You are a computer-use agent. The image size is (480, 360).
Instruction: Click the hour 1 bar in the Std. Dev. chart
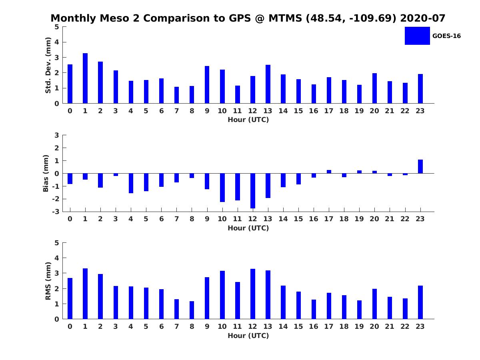[85, 78]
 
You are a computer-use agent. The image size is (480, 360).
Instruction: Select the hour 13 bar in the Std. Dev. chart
[268, 84]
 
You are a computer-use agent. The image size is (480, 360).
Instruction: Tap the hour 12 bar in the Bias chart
[253, 191]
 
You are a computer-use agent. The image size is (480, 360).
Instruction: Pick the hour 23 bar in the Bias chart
[420, 166]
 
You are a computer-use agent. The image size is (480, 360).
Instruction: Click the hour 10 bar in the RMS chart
[222, 295]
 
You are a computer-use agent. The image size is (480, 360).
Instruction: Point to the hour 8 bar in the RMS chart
[192, 310]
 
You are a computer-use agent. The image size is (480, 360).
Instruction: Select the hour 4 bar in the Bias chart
[131, 183]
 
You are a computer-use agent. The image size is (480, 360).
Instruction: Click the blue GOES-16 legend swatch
[417, 36]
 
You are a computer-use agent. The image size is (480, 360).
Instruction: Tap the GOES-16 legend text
[446, 36]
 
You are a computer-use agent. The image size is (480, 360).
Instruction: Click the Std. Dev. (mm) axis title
[48, 65]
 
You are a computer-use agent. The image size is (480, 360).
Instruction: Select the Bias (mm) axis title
[46, 173]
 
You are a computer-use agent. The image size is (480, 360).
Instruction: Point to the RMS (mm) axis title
[48, 281]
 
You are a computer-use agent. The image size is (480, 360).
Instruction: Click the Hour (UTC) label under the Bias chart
[248, 228]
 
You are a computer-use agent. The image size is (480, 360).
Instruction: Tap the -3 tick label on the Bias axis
[56, 212]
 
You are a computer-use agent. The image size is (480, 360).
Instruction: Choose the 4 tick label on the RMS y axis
[57, 258]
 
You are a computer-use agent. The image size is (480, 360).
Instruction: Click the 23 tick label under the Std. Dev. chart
[420, 111]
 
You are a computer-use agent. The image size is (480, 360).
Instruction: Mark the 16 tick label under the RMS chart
[314, 326]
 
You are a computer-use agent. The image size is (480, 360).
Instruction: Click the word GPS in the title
[240, 18]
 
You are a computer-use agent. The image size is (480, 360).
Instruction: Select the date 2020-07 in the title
[423, 18]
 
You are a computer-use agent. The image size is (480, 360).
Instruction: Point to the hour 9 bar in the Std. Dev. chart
[207, 84]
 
